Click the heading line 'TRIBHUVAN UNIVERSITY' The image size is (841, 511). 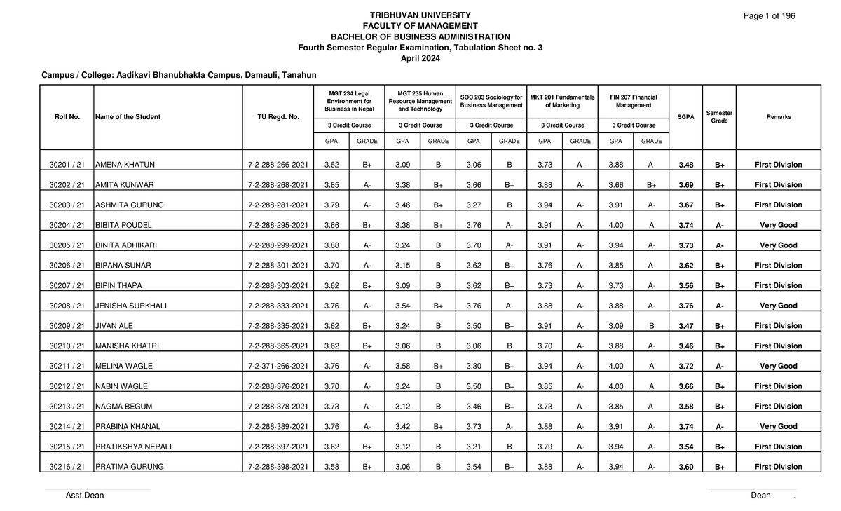420,15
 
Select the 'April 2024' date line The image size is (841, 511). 420,58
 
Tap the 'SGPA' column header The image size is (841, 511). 688,117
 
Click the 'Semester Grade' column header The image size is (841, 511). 719,117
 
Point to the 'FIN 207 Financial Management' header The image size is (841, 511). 634,101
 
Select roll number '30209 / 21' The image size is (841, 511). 67,326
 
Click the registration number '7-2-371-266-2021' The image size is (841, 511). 278,367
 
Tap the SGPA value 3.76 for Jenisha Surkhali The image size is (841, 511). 688,306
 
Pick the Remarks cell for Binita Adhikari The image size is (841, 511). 778,246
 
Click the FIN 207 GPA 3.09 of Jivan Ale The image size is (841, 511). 615,326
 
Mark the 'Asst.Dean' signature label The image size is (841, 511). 84,496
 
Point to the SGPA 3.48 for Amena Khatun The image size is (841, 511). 688,165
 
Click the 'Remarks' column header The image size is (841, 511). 778,117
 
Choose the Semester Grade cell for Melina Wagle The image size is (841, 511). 719,367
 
